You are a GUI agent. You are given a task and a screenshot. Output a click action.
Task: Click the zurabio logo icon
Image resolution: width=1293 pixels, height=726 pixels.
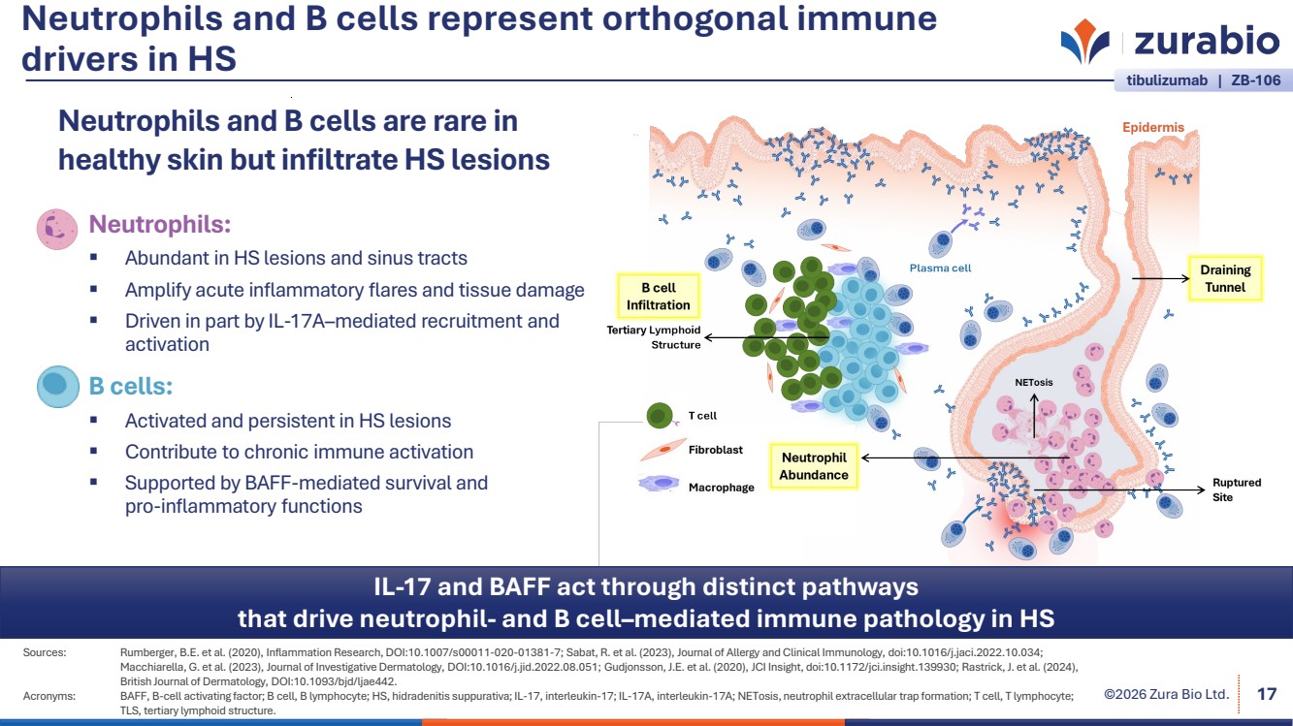point(1085,42)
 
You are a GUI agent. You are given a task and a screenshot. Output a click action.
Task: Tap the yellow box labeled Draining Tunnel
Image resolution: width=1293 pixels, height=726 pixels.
point(1225,278)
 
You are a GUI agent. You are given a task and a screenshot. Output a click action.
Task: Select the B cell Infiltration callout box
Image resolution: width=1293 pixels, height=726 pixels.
point(659,297)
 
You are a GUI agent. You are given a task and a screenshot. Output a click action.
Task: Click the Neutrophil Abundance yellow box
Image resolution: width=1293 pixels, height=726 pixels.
point(813,466)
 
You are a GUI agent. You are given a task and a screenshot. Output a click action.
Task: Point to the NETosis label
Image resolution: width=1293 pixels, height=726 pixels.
point(1033,383)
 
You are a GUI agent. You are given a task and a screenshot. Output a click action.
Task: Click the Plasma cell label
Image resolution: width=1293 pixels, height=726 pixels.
point(940,268)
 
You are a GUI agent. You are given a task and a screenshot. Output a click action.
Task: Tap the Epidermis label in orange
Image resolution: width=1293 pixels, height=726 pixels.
point(1152,127)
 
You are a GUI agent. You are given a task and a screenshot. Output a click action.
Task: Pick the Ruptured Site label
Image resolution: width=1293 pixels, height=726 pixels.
point(1237,489)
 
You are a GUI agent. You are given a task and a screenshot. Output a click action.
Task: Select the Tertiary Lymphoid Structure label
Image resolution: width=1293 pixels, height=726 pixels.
point(653,337)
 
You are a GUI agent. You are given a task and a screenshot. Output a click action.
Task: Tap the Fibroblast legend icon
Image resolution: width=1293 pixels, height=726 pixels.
point(659,451)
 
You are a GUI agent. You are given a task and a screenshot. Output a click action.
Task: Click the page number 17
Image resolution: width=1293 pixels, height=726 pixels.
point(1266,694)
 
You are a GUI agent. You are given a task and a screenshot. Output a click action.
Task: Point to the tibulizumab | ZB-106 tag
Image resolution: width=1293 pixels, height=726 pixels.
point(1203,81)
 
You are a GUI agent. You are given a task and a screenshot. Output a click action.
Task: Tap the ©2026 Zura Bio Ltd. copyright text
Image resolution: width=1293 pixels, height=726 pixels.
point(1167,694)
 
